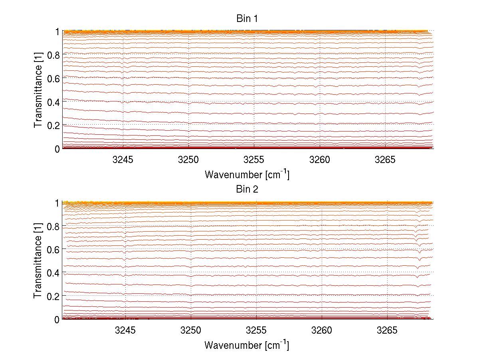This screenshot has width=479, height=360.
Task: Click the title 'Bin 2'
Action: [247, 189]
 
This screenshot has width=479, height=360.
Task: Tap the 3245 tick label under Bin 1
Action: [123, 159]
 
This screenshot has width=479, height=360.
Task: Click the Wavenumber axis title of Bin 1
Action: [247, 174]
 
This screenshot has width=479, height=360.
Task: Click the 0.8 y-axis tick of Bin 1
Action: [53, 55]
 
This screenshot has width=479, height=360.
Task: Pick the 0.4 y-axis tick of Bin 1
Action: [53, 102]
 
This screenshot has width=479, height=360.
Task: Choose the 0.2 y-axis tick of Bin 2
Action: [53, 296]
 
